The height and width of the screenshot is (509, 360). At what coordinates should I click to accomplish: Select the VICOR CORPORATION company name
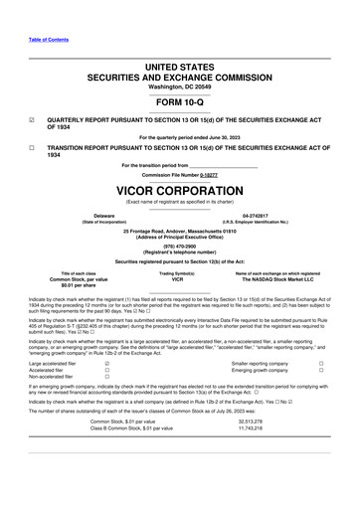coord(179,187)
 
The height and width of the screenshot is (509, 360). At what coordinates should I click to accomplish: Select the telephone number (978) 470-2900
coord(179,248)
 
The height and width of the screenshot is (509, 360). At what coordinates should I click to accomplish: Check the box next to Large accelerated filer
coord(106,364)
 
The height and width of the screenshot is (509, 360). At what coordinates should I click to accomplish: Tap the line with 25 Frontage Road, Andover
coord(179,230)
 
